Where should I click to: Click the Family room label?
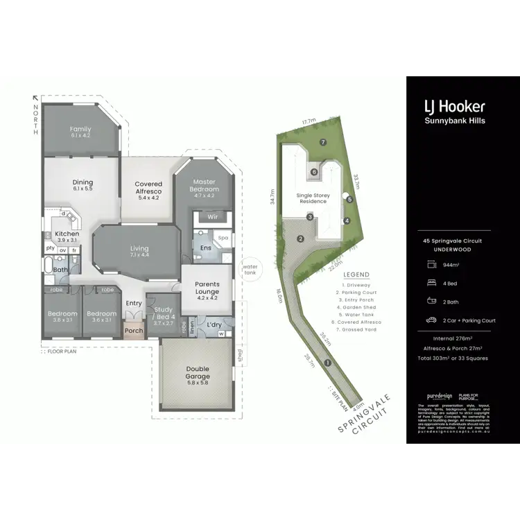(x=81, y=132)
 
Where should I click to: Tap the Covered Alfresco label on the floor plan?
(x=148, y=187)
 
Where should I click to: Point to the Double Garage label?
(x=197, y=373)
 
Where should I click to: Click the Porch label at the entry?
(x=133, y=331)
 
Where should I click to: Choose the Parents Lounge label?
(x=207, y=286)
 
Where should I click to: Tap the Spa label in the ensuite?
(x=223, y=238)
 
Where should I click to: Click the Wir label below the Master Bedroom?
(x=213, y=217)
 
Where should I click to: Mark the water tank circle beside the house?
(x=248, y=269)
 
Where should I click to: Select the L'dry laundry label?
(x=215, y=324)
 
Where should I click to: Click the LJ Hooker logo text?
(x=454, y=107)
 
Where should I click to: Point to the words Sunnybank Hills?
(x=454, y=121)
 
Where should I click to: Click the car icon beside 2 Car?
(x=431, y=320)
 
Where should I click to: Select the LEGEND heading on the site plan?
(x=357, y=275)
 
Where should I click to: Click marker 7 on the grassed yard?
(x=323, y=142)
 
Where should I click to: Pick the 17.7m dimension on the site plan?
(x=309, y=122)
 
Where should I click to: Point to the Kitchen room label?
(x=67, y=234)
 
